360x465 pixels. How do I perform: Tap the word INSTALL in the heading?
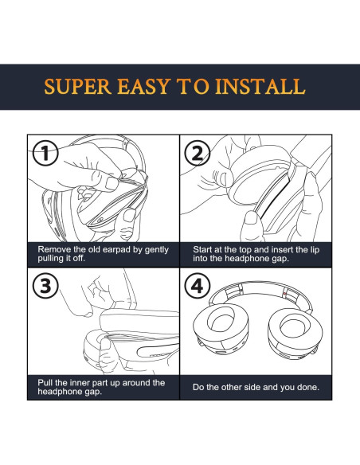[x=260, y=87]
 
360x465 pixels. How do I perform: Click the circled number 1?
[x=45, y=153]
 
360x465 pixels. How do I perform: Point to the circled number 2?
[x=198, y=153]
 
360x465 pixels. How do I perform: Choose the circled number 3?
[x=45, y=286]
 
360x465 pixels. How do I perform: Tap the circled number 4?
[x=198, y=286]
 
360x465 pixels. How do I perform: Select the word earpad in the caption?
[x=116, y=250]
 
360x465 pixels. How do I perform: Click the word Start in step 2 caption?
[x=203, y=249]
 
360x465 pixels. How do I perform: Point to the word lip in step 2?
[x=315, y=250]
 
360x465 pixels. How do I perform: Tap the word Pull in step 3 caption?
[x=45, y=382]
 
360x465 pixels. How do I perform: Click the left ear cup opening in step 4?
[x=221, y=321]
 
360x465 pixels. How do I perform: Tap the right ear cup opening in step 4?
[x=295, y=325]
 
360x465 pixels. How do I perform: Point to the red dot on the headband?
[x=285, y=294]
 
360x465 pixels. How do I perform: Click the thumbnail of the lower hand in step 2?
[x=251, y=218]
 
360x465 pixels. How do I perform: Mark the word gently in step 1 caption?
[x=157, y=250]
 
